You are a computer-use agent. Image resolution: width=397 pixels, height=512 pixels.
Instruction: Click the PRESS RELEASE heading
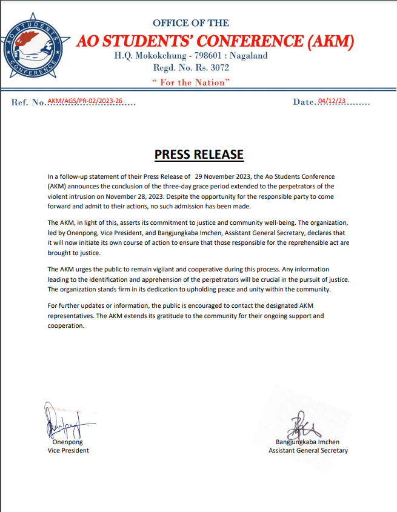199,155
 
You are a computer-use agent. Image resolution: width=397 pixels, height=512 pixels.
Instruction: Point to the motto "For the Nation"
192,82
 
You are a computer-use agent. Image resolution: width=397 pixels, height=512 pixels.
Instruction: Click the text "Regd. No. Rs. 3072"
192,68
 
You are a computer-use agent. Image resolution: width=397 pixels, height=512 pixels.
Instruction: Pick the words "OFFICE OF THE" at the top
191,23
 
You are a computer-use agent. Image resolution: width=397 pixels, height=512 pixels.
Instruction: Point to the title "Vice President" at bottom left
68,451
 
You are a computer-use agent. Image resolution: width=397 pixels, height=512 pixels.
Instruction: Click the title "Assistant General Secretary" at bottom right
308,451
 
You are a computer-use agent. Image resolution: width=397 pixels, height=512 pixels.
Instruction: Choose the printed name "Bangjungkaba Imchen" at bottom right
307,442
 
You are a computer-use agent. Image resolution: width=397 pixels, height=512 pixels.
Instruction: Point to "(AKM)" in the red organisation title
331,41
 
